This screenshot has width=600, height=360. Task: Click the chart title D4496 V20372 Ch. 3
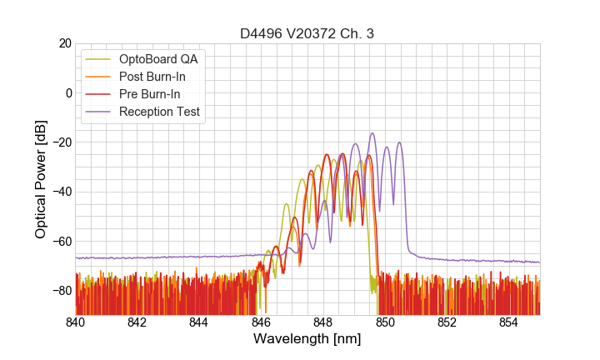(307, 33)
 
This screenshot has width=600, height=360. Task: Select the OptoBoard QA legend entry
(158, 59)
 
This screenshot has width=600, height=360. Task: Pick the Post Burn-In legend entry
(152, 77)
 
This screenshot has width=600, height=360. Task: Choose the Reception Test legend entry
(159, 112)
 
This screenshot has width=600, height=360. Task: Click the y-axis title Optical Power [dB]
(41, 179)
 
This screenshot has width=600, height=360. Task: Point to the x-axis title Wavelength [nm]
(307, 339)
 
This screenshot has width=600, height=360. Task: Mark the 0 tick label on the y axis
(67, 92)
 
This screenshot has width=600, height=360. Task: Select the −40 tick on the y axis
(61, 192)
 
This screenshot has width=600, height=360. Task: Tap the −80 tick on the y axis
(61, 291)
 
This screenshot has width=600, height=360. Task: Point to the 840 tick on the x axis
(76, 322)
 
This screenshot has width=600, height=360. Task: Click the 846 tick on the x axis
(261, 322)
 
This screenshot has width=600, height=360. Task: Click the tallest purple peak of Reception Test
(372, 133)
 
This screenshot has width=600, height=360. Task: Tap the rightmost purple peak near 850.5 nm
(400, 142)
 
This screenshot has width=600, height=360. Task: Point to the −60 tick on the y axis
(61, 242)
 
